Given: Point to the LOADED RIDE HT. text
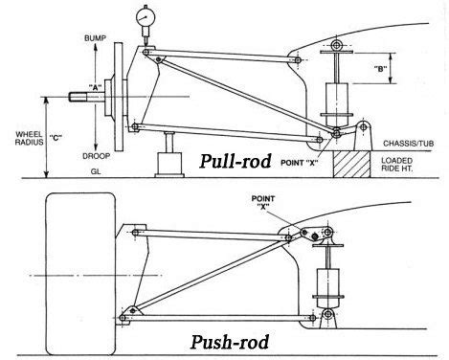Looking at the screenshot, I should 406,165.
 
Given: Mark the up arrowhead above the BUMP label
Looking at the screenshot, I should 94,27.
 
